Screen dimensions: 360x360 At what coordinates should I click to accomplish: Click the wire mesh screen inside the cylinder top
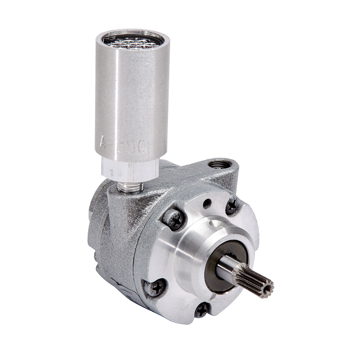point(133,42)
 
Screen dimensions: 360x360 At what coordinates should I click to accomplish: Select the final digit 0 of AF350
point(141,146)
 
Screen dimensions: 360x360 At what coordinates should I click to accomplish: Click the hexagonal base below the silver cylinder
point(130,170)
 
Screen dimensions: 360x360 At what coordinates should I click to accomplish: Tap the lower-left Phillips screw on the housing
point(155,287)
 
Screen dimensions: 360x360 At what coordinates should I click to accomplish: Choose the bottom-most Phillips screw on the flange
point(202,309)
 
